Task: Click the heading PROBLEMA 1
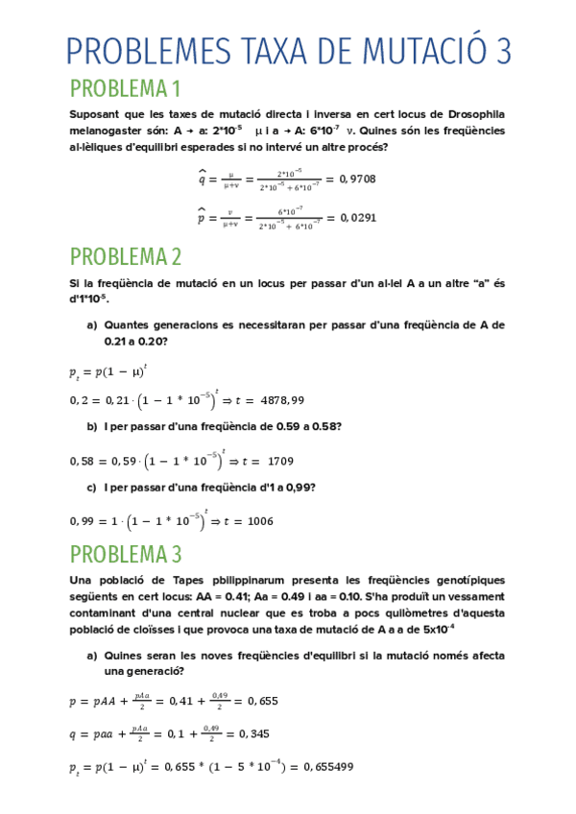(125, 89)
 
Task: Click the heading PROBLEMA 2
(126, 256)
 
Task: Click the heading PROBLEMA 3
(126, 554)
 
